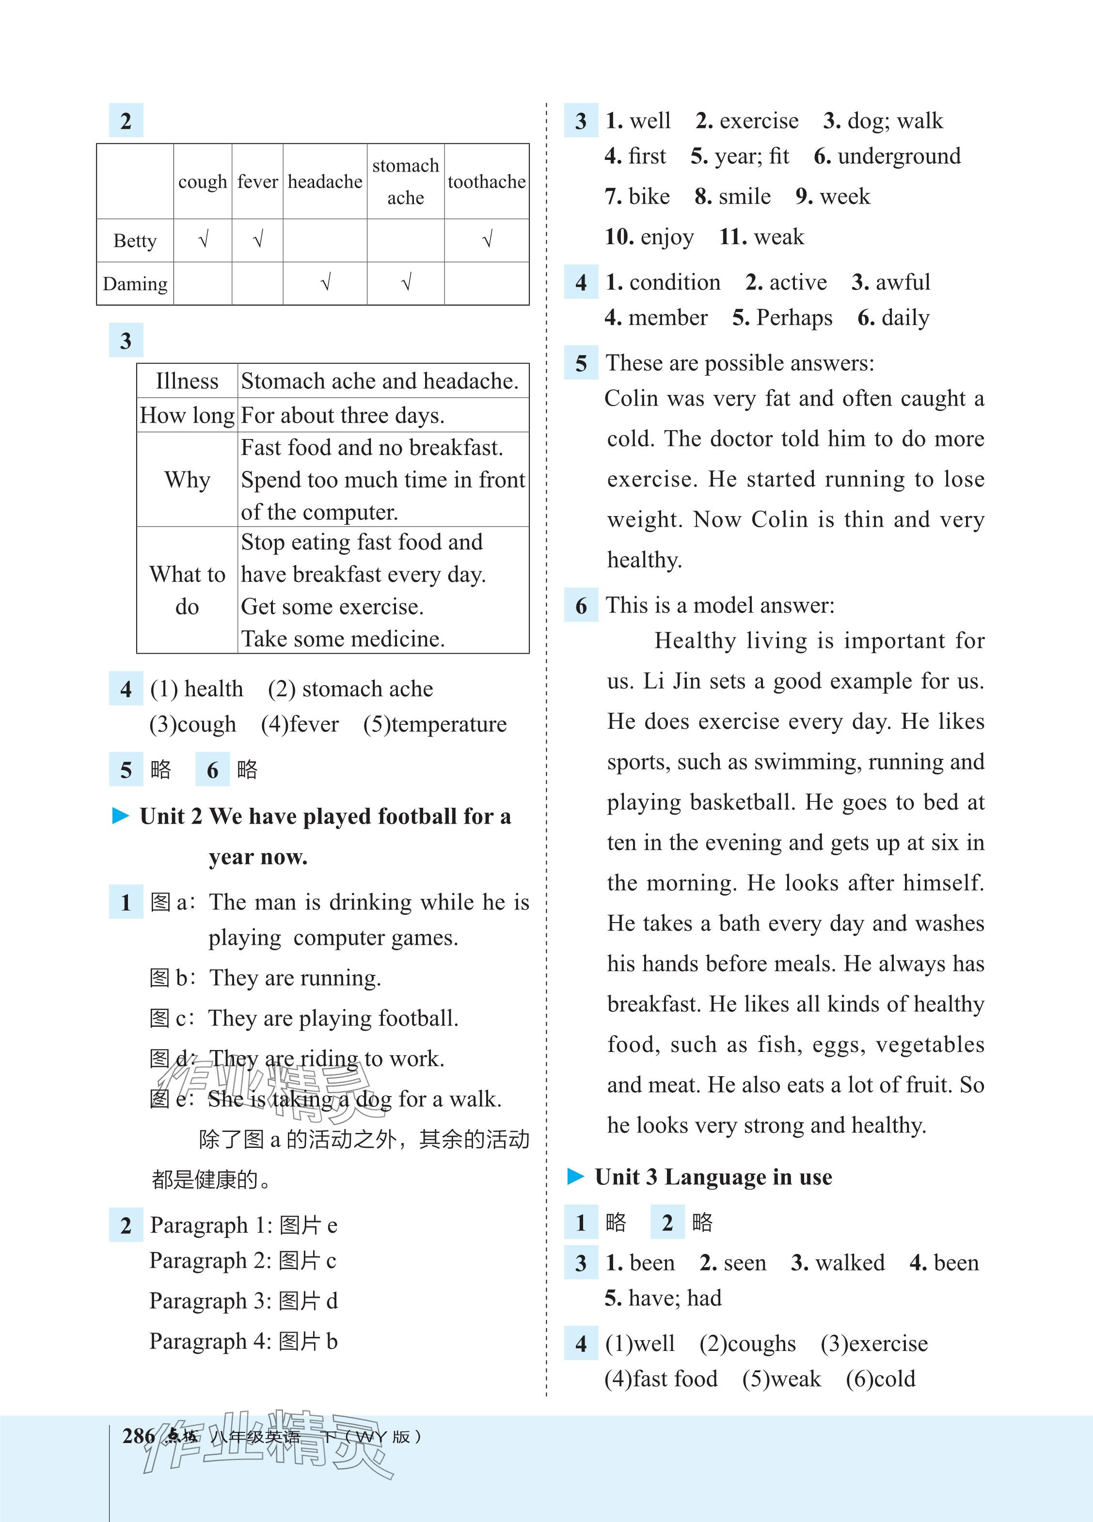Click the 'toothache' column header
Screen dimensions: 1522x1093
coord(486,182)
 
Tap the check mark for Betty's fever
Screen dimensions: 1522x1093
coord(258,239)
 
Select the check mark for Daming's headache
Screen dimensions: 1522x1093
coord(326,283)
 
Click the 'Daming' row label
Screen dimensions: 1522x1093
coord(135,284)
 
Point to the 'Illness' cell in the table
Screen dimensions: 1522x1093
coord(187,381)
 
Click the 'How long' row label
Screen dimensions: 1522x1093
coord(187,415)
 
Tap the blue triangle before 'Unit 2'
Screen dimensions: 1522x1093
coord(121,816)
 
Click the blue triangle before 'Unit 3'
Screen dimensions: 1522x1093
coord(576,1177)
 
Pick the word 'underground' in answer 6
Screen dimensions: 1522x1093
coord(899,157)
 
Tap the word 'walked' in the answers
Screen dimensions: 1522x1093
coord(849,1263)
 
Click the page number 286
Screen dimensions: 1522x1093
coord(138,1436)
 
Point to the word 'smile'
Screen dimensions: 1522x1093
coord(744,197)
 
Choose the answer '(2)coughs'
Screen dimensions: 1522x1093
coord(747,1344)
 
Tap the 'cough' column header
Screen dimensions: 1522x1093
coord(203,182)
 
